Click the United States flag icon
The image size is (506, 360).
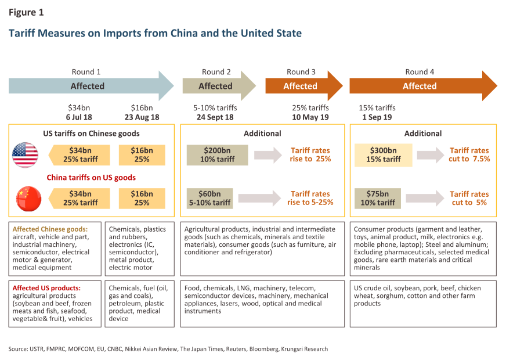click(x=25, y=155)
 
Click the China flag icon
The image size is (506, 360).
click(x=25, y=198)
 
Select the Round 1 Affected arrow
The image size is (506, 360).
click(x=91, y=86)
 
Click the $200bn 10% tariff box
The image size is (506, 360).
click(x=217, y=155)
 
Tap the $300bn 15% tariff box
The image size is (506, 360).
click(x=384, y=155)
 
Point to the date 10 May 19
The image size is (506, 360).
click(x=310, y=117)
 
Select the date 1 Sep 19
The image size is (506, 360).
click(x=377, y=117)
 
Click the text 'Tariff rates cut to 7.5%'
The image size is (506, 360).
click(x=469, y=155)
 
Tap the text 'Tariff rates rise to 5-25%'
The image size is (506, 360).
click(x=309, y=198)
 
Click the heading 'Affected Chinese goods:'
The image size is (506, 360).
click(x=50, y=229)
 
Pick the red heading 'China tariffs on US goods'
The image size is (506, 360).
click(x=92, y=178)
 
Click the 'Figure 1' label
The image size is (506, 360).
click(x=26, y=12)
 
